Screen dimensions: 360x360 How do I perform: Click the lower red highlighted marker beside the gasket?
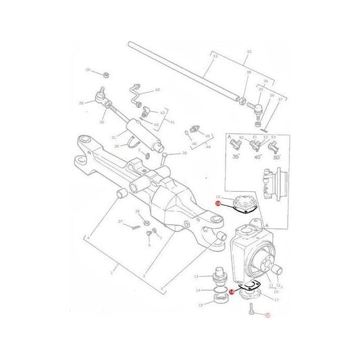(231, 292)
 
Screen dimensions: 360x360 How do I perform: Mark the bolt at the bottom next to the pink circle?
(250, 310)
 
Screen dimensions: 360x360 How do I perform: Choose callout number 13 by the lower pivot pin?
(197, 277)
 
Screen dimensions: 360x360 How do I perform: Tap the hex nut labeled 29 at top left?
(107, 72)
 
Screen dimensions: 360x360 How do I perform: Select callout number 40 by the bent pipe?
(157, 89)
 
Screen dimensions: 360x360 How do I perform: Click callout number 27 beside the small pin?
(120, 222)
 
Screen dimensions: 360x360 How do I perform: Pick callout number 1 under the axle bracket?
(113, 272)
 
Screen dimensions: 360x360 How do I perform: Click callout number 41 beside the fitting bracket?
(172, 122)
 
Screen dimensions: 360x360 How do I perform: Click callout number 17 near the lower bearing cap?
(275, 299)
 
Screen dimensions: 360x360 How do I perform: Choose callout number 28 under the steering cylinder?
(116, 145)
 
